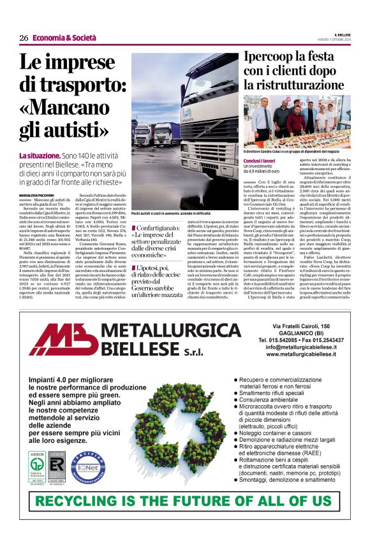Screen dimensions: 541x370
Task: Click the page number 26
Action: [23, 38]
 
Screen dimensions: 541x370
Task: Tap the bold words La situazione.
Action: [40, 155]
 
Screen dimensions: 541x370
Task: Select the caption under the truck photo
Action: [171, 212]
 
